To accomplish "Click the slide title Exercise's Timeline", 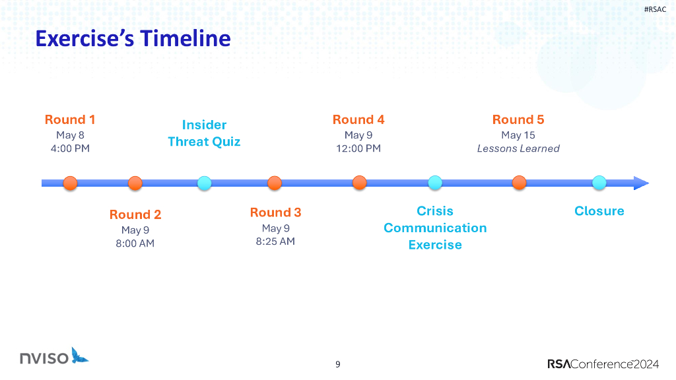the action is click(x=133, y=38).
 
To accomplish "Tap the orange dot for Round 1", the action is click(x=70, y=183).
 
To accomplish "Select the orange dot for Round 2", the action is click(x=135, y=183).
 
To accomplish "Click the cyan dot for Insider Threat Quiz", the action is click(x=205, y=183).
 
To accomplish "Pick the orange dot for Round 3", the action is click(x=275, y=183).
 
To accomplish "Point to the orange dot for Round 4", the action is click(x=360, y=183).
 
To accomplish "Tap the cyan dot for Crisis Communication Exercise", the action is click(x=435, y=183).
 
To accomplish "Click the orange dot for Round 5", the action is click(x=519, y=183).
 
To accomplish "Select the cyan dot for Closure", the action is click(x=599, y=183).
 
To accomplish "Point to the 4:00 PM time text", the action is click(x=70, y=148).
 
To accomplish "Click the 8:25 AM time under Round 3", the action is click(x=275, y=241).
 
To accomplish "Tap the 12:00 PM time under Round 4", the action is click(x=358, y=148).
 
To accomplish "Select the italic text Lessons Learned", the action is click(x=518, y=148).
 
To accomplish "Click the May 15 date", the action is click(x=518, y=135).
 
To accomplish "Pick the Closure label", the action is click(x=599, y=211).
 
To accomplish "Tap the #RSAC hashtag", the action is click(x=655, y=9).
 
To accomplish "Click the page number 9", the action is click(x=338, y=364).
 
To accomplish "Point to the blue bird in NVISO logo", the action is click(x=79, y=356).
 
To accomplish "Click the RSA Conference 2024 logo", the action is click(x=603, y=364).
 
